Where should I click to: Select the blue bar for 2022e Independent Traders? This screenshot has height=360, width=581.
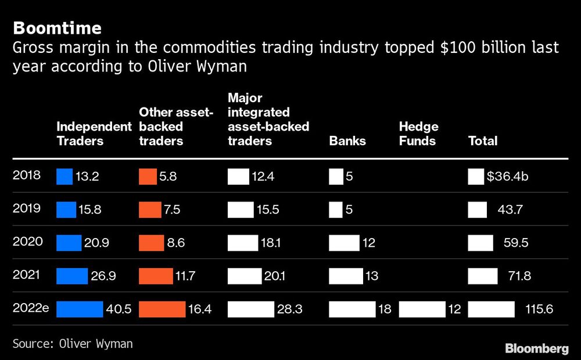[79, 309]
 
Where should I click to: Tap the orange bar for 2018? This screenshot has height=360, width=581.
[148, 176]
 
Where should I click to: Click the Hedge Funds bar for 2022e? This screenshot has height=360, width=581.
[422, 309]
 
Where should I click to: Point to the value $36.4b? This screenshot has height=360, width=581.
[508, 176]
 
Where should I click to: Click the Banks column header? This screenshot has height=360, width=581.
[347, 141]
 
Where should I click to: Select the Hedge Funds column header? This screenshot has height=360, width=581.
[418, 134]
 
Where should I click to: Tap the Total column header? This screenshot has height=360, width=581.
[483, 141]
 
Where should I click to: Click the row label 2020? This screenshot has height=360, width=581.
[27, 241]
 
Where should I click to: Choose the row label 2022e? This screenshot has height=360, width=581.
[31, 308]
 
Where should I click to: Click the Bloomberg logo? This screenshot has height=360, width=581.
[536, 348]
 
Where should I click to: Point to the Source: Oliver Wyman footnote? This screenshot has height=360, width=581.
[73, 343]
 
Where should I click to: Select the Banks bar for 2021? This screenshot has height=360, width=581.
[346, 276]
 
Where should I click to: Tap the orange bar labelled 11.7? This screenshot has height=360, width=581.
[156, 276]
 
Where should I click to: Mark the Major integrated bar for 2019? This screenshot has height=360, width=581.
[241, 209]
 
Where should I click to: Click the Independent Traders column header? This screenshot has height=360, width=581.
[94, 134]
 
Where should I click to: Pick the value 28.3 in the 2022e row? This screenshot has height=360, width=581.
[289, 309]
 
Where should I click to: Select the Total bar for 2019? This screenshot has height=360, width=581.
[477, 209]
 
